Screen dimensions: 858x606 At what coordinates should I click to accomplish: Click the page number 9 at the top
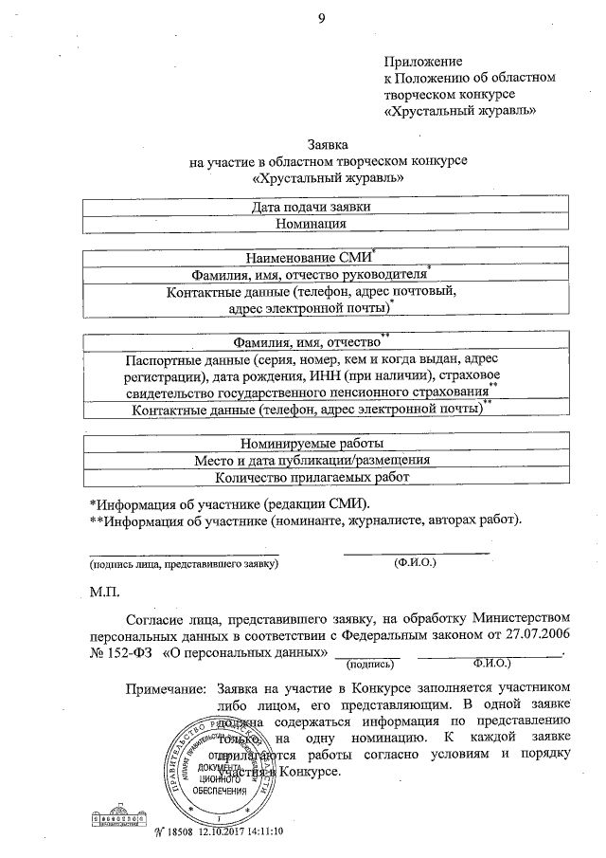[321, 16]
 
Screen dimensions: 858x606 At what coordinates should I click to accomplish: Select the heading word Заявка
[329, 145]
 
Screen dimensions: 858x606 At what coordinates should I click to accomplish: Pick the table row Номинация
[312, 225]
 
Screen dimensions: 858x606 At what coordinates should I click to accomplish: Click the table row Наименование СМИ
[310, 258]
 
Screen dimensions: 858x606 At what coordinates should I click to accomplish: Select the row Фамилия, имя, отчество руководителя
[310, 275]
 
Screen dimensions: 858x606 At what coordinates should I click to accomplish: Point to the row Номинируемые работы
[311, 443]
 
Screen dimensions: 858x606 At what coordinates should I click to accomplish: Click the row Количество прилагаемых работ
[312, 478]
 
